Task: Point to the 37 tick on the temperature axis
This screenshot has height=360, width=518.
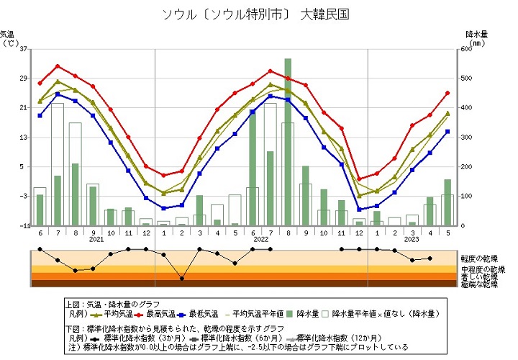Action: [24, 49]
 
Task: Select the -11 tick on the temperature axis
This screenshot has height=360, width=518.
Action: [23, 225]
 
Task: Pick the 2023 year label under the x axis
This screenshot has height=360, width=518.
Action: [412, 240]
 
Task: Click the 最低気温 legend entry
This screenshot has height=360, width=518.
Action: [199, 314]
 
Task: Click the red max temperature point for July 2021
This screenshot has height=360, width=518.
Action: [58, 66]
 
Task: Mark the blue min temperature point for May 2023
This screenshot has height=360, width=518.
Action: [447, 131]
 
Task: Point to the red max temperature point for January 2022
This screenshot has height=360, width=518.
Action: [163, 175]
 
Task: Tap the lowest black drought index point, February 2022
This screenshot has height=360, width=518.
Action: [181, 278]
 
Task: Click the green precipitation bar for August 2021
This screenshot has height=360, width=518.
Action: [75, 194]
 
